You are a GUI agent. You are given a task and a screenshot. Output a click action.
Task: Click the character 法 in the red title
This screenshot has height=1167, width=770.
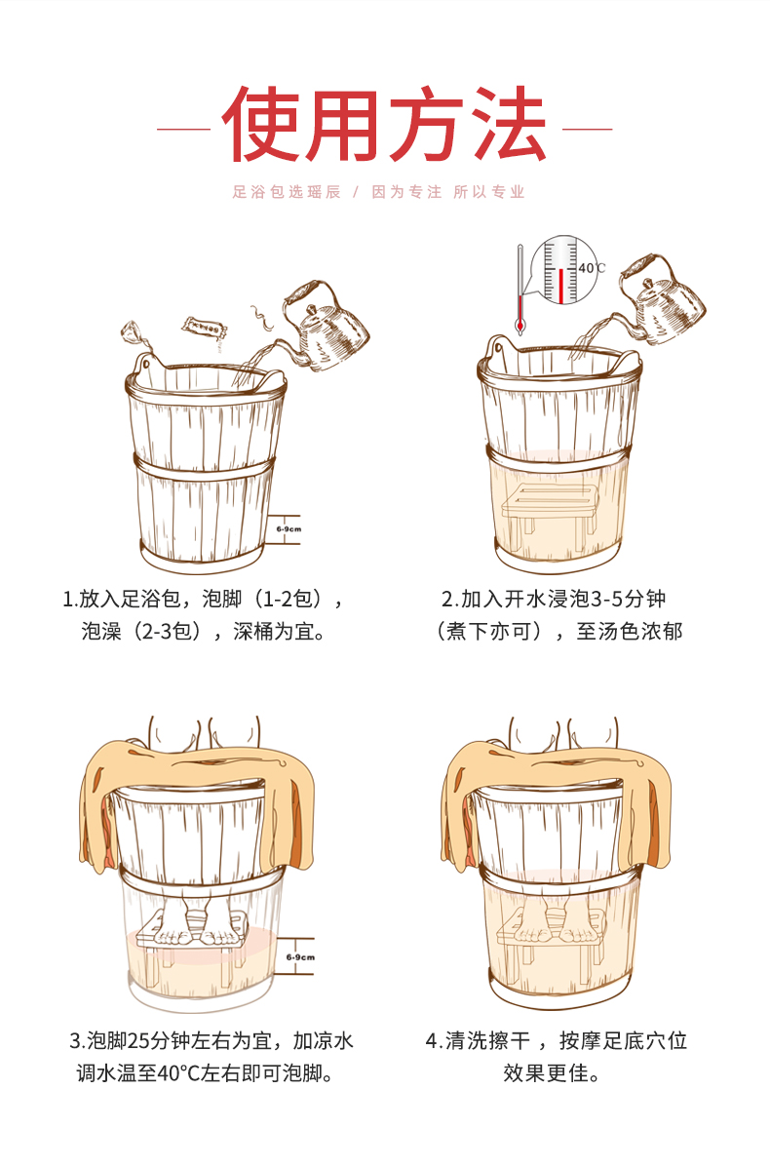(510, 125)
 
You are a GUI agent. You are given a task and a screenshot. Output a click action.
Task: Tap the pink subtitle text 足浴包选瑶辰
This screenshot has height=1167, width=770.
(287, 192)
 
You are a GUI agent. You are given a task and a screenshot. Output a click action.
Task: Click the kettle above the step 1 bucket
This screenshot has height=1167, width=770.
(325, 326)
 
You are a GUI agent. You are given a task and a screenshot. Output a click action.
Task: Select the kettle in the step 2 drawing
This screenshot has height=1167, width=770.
(661, 298)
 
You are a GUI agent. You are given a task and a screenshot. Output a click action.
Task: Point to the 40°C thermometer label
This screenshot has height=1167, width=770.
(593, 268)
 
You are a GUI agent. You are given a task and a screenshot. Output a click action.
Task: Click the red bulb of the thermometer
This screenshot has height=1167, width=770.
(520, 326)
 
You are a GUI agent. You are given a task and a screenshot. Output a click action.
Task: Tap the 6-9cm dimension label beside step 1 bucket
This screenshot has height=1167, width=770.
(289, 529)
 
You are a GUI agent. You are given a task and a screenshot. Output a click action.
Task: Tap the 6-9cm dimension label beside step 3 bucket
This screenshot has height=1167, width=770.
(300, 957)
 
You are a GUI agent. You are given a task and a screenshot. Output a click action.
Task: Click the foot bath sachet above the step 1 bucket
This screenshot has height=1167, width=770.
(204, 329)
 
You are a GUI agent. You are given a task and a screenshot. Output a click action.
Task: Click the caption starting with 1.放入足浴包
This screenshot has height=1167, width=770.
(203, 615)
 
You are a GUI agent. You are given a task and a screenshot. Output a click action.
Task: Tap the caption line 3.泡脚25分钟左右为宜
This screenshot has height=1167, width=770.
(212, 1040)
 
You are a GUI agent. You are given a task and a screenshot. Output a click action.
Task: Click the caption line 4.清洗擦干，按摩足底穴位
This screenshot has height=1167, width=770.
(557, 1040)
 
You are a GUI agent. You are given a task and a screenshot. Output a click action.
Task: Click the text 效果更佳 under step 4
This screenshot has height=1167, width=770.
(552, 1073)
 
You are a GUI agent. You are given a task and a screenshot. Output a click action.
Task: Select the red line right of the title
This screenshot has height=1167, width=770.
(588, 129)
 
